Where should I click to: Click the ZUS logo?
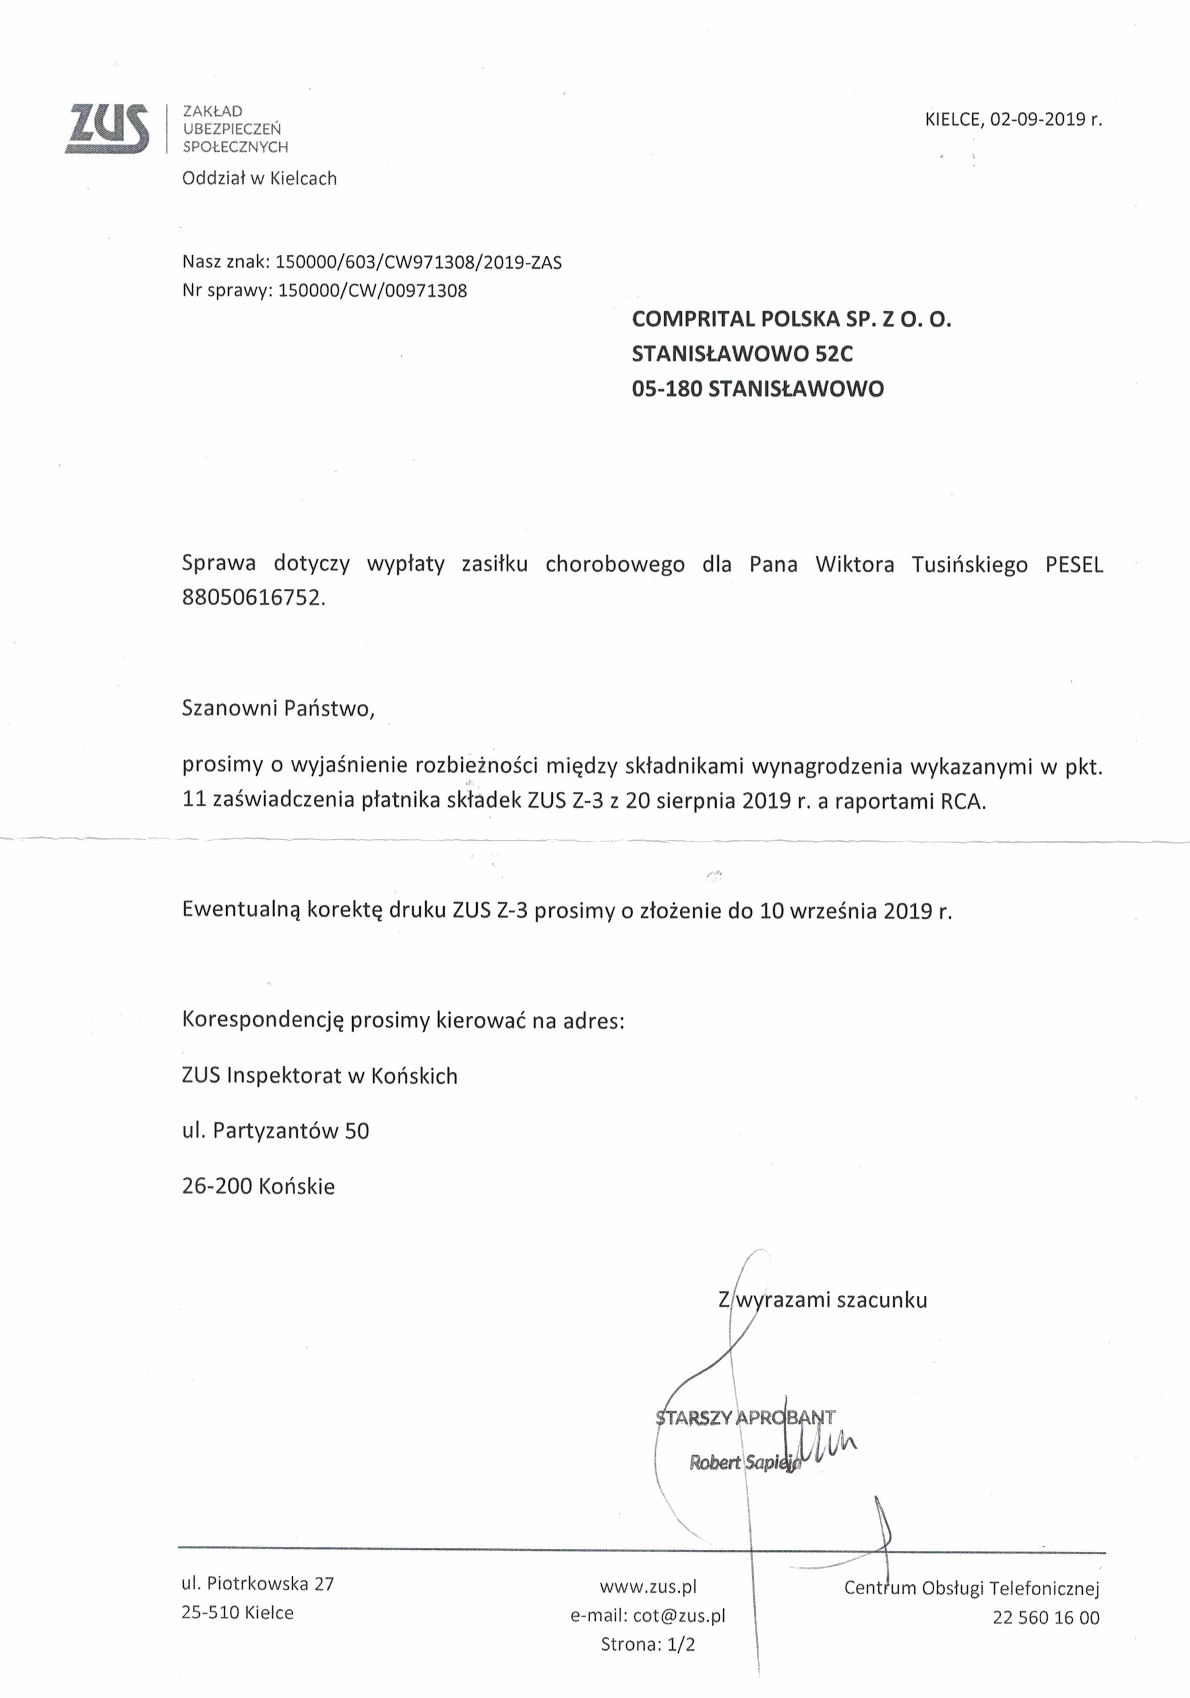(107, 128)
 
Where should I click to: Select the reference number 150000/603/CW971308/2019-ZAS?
(418, 262)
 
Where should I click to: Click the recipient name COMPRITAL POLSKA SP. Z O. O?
(791, 320)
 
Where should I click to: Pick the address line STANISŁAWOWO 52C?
(742, 354)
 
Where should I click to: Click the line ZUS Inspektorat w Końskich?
(320, 1076)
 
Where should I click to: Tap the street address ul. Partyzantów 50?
(275, 1131)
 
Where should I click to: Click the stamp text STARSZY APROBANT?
(745, 1418)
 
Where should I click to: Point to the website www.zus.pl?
(648, 1586)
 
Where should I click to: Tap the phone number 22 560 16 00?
(1046, 1618)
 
